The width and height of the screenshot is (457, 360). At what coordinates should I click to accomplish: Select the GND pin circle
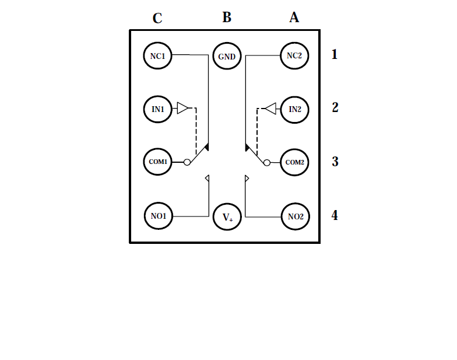click(x=227, y=57)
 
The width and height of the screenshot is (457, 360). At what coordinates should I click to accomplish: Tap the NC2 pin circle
click(x=295, y=56)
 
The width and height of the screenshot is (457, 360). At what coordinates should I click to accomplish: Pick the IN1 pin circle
click(x=158, y=109)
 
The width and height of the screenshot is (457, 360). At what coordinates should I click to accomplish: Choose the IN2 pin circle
click(x=295, y=109)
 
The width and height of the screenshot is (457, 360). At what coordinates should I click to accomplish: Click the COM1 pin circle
click(x=158, y=162)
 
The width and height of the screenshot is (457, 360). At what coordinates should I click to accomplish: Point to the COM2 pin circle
click(x=295, y=162)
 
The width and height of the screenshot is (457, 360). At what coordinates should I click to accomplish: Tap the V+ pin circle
click(x=227, y=218)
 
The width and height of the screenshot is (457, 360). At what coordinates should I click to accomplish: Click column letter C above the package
click(x=157, y=19)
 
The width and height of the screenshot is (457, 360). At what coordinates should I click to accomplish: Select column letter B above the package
click(x=227, y=18)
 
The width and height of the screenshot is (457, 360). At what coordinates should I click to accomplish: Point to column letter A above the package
click(x=294, y=18)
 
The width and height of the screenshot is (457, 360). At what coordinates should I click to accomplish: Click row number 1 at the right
click(x=335, y=55)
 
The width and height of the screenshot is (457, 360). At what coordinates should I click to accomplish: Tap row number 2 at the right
click(x=335, y=107)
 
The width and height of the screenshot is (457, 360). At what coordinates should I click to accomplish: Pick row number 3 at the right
click(x=335, y=162)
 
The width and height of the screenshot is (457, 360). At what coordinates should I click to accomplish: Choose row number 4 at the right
click(x=335, y=215)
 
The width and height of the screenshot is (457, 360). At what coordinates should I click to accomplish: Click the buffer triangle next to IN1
click(x=183, y=109)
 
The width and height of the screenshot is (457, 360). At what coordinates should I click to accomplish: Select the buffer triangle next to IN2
click(x=270, y=109)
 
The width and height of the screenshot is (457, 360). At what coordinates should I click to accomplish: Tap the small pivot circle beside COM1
click(x=187, y=162)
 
